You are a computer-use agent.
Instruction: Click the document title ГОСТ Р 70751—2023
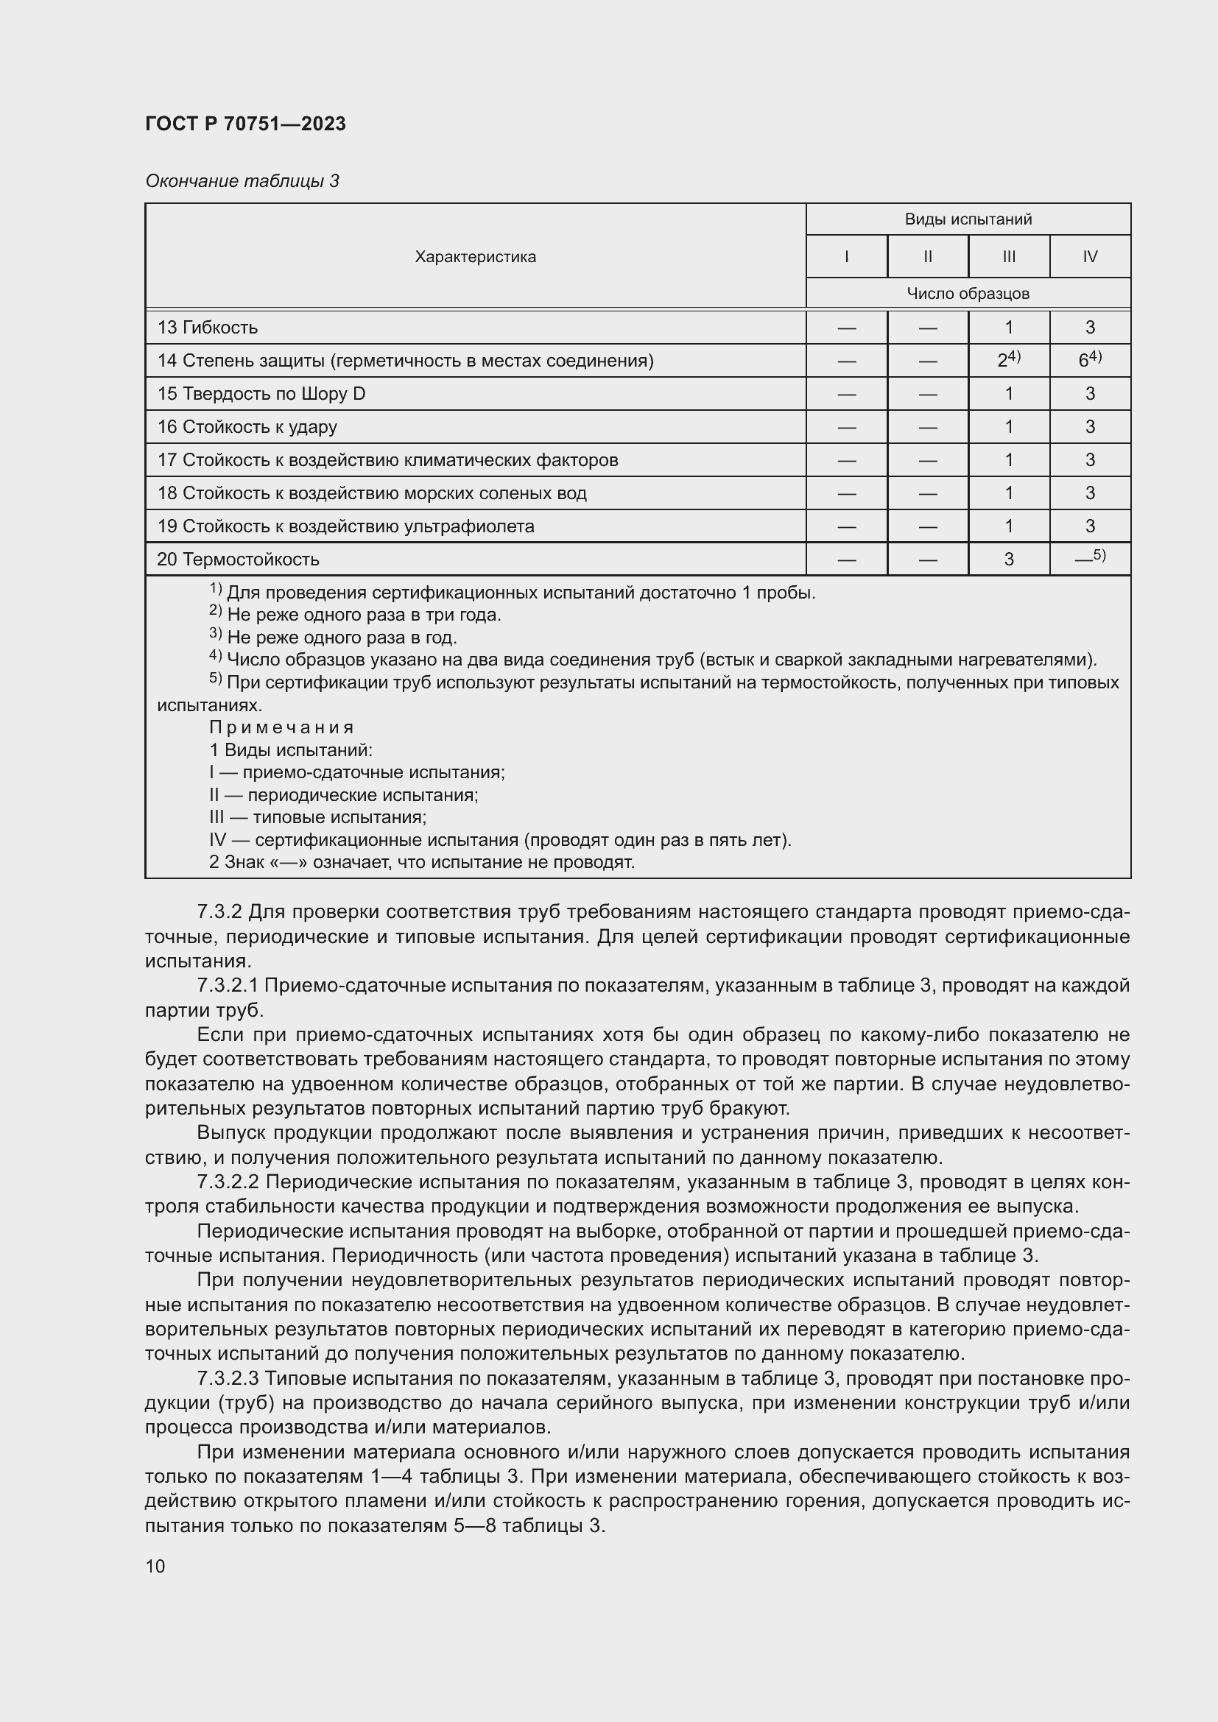[245, 124]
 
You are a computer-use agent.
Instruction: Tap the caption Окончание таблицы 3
[242, 181]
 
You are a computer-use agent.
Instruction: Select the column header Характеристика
[476, 256]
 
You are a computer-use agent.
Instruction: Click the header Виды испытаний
[968, 219]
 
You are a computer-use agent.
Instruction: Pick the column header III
[1008, 256]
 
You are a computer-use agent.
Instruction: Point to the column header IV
[1089, 256]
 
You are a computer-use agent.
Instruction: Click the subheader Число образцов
[968, 293]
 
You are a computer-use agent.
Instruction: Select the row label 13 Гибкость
[207, 327]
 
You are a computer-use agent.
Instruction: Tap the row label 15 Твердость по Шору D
[261, 394]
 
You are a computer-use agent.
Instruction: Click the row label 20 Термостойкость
[238, 560]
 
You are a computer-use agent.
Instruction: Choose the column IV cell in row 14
[1089, 360]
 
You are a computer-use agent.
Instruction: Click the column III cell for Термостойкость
[1008, 560]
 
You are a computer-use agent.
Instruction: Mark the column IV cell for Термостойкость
[1089, 558]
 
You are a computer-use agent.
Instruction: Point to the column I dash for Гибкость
[846, 328]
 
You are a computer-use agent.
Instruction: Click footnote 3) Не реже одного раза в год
[333, 638]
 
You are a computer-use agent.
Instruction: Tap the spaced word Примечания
[281, 727]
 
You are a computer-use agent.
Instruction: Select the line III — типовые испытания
[318, 817]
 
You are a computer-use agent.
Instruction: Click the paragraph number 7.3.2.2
[228, 1182]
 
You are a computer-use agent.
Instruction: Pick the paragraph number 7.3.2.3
[228, 1378]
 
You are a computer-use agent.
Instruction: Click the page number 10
[155, 1566]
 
